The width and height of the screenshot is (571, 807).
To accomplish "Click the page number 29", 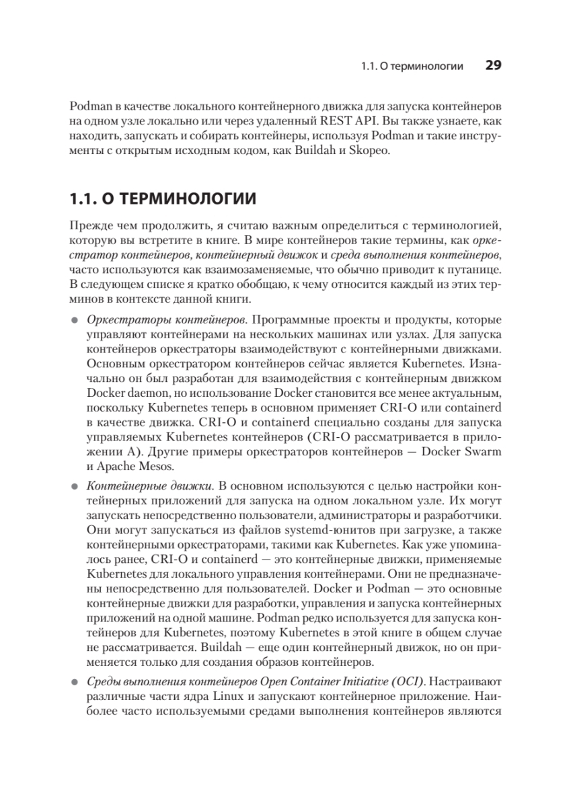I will pos(493,66).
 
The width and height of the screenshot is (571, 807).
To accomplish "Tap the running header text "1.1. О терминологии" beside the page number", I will pos(412,67).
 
